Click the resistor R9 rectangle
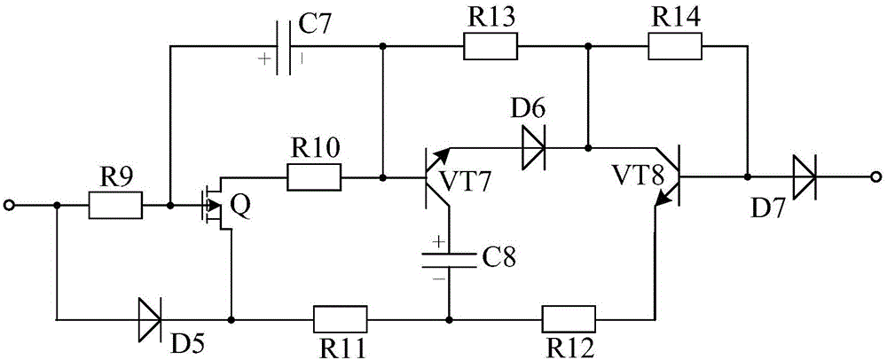[115, 207]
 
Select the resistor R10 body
[314, 178]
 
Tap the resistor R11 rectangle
[341, 318]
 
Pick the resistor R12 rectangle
[569, 318]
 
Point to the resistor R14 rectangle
[675, 47]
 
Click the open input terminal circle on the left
[9, 207]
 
